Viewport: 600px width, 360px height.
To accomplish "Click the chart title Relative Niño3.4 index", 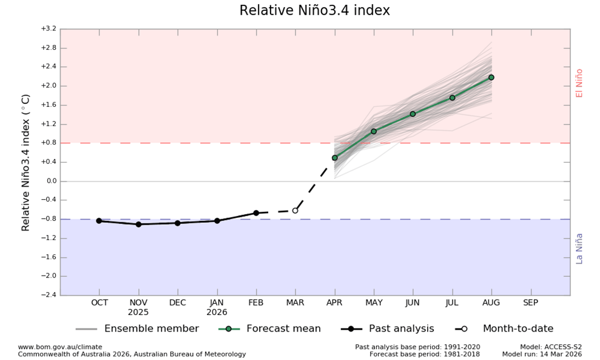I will click(x=314, y=11).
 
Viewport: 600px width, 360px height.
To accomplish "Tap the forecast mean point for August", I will click(x=491, y=77).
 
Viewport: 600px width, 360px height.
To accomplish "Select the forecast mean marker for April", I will click(x=334, y=158).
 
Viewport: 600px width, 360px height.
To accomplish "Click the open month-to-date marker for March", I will click(x=295, y=211).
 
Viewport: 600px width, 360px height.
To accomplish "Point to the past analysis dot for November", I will click(x=138, y=224).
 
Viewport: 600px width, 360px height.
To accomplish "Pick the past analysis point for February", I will click(x=256, y=213).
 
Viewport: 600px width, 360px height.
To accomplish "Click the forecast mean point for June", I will click(x=413, y=114).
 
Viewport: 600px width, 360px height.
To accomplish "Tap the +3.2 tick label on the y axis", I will click(x=48, y=29).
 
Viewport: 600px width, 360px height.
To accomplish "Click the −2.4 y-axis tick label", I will click(x=48, y=295).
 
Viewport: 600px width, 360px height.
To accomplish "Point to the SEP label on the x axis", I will click(x=530, y=303).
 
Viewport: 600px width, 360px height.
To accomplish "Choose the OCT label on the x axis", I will click(x=99, y=303).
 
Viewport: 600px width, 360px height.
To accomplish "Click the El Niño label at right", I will click(x=579, y=83).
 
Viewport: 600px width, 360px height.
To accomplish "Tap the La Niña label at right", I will click(x=579, y=248).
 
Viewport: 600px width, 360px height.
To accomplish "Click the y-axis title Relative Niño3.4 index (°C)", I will click(x=26, y=162).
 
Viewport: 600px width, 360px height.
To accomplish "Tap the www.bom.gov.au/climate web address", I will click(x=60, y=347).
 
